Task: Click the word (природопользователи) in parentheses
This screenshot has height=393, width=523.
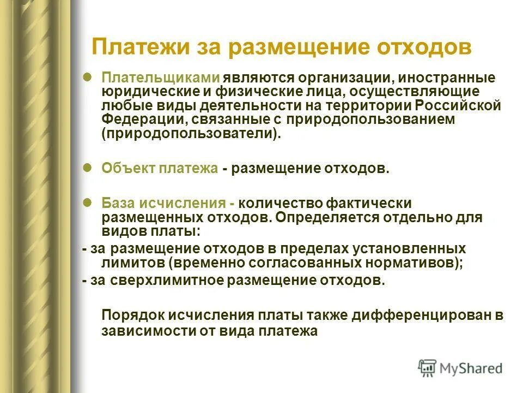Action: (x=191, y=134)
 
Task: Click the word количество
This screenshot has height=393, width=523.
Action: (x=278, y=203)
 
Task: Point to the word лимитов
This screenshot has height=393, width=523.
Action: (x=132, y=263)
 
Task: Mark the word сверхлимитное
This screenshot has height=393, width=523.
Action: (x=154, y=281)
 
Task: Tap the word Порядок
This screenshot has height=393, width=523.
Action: (x=129, y=315)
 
